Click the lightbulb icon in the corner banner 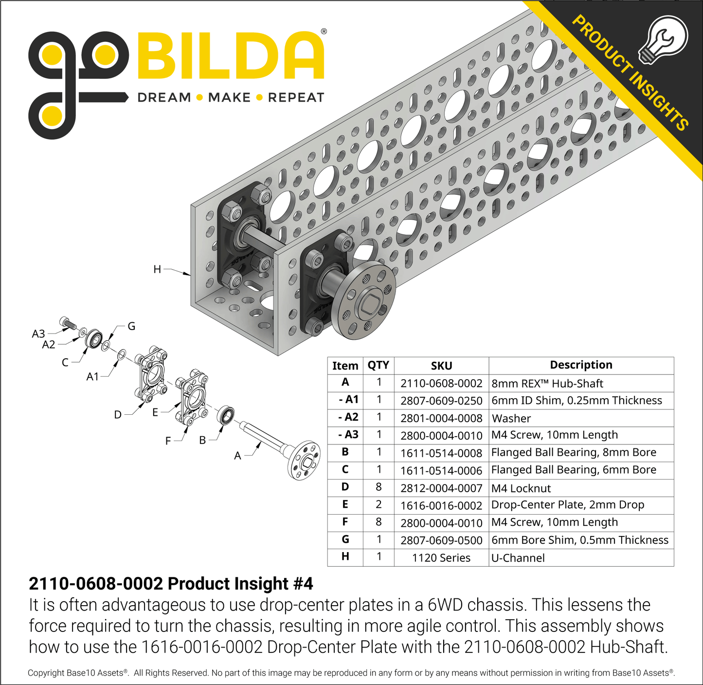664,39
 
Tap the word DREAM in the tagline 164,98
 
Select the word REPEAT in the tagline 296,98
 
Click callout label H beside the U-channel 157,269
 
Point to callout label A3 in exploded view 38,333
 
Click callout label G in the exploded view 131,326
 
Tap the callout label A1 92,376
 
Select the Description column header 581,365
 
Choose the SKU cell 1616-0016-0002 441,506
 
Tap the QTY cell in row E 379,505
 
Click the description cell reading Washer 511,419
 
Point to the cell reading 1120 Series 441,558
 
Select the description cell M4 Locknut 521,488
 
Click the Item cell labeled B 345,452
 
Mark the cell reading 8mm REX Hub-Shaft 547,384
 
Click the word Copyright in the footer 46,673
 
